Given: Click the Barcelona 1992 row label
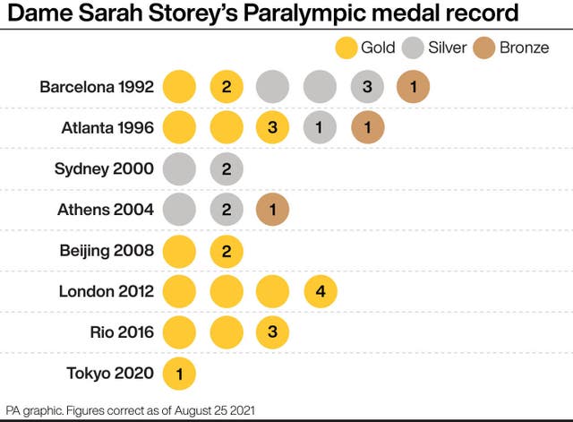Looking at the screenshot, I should [x=97, y=87].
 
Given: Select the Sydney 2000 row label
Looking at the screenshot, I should [x=104, y=168].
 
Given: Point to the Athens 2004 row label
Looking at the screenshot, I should [x=104, y=210].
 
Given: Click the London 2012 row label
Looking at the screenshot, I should [x=107, y=291].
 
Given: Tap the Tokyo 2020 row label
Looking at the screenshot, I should [x=110, y=373].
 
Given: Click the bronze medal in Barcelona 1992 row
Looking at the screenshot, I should [x=413, y=87].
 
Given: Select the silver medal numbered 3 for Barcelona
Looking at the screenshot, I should [x=366, y=87].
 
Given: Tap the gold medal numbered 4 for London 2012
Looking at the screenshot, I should [x=320, y=291].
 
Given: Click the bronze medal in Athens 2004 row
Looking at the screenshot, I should [x=273, y=210].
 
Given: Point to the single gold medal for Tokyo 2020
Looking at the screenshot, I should [x=179, y=373].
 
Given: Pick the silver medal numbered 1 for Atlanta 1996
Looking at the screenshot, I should [x=320, y=128].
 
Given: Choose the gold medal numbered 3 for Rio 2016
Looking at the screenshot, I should [x=273, y=332].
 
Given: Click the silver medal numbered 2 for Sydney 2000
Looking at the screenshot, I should [x=226, y=168].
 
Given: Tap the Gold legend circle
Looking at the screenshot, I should [x=346, y=47].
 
